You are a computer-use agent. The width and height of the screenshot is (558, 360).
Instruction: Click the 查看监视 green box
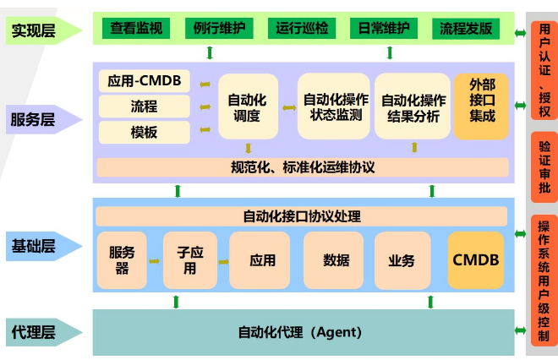(136, 29)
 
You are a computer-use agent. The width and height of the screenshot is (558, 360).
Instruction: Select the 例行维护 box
(219, 29)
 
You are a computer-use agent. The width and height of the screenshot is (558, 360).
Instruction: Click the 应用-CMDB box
(145, 82)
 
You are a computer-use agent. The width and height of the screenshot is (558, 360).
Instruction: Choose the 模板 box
(145, 133)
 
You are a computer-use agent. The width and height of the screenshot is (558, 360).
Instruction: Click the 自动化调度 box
(248, 106)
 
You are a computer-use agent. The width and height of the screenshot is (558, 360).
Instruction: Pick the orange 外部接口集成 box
(482, 106)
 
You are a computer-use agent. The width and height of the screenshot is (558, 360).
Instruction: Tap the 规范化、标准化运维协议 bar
(302, 167)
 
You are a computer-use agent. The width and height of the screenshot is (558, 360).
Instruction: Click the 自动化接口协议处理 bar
(302, 216)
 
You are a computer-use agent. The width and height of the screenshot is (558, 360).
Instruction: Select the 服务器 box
(123, 260)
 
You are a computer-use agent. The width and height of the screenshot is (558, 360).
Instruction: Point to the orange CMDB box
(476, 260)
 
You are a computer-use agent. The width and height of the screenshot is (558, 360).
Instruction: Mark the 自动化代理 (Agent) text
(300, 332)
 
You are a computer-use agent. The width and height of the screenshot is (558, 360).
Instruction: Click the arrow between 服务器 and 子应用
(155, 261)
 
